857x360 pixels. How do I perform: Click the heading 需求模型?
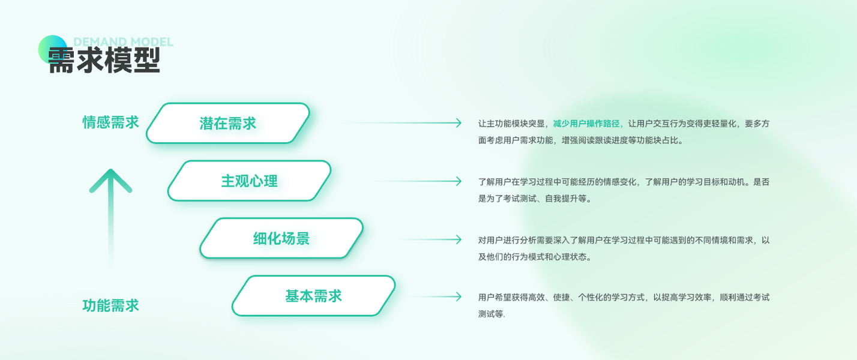[x=104, y=60]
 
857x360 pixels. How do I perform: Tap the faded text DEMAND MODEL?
[x=123, y=42]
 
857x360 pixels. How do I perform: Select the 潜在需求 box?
[x=228, y=123]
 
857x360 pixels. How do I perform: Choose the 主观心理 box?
[x=250, y=181]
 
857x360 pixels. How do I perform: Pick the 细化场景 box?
[x=281, y=238]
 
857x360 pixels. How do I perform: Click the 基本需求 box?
[x=314, y=296]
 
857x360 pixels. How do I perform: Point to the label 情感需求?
[x=110, y=122]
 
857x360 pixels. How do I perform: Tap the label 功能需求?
[x=110, y=305]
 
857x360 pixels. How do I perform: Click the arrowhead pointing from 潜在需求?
[x=457, y=123]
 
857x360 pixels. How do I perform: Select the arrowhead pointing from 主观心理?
[x=457, y=181]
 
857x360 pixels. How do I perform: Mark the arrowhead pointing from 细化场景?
[x=457, y=239]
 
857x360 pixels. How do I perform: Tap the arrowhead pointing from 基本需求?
[x=457, y=296]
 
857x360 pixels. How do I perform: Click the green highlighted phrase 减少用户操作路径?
[x=586, y=124]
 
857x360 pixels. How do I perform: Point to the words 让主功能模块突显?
[x=511, y=124]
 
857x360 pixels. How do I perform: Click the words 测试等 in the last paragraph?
[x=492, y=314]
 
